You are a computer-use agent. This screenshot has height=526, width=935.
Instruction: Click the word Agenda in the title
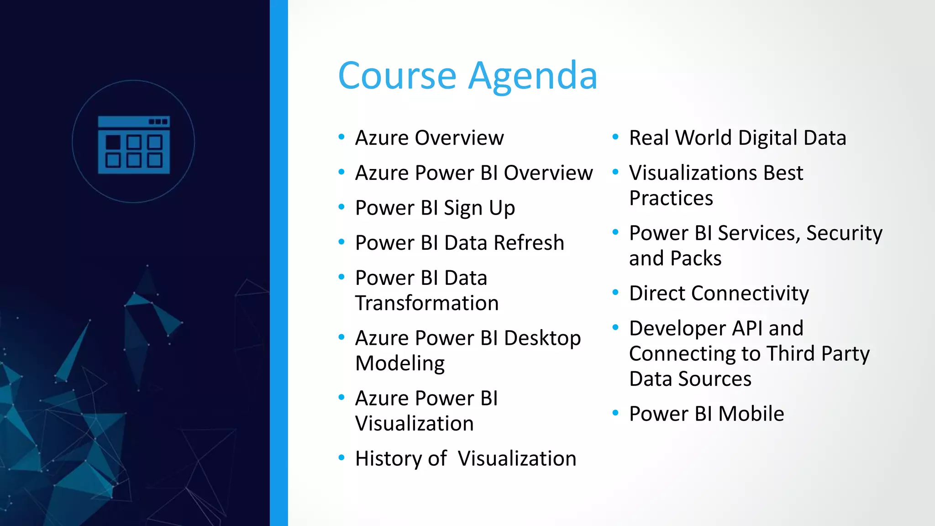coord(533,76)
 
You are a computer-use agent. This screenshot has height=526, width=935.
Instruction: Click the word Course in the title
coord(397,76)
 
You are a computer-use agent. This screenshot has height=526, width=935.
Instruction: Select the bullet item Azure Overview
coord(429,138)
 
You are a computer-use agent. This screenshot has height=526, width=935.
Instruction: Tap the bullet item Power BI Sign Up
coord(435,208)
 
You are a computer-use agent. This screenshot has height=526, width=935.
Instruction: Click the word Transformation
coord(427,303)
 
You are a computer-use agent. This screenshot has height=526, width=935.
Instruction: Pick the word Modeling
coord(400,363)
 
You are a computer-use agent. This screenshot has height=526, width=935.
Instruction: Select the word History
coord(389,458)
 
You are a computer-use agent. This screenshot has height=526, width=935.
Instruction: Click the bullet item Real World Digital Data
coord(737,138)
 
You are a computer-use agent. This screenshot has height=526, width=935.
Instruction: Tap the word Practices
coord(671,198)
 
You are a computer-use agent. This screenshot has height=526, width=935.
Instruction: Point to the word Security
coord(844,233)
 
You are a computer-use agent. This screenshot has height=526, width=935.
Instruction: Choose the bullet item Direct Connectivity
coord(719,293)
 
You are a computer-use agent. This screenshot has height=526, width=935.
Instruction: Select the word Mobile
coord(751,414)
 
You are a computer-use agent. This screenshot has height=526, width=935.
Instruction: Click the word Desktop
coord(542,338)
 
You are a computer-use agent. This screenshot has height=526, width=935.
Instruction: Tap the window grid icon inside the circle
coord(134,144)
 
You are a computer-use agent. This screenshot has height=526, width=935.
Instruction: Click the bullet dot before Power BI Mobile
coord(615,413)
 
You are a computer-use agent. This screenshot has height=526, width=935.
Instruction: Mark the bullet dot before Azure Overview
coord(341,137)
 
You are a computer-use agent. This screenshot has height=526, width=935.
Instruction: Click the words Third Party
coord(818,354)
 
